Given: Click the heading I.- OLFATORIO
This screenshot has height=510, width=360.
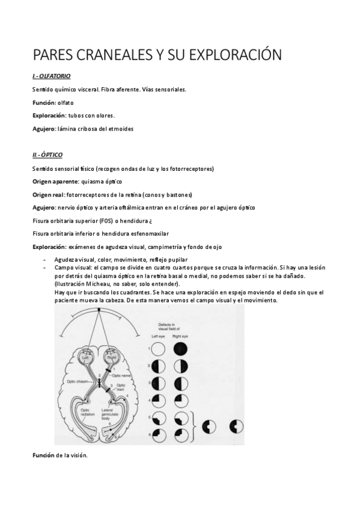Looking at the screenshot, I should coord(52,76).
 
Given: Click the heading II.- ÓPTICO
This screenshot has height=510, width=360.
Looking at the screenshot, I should coord(47,155).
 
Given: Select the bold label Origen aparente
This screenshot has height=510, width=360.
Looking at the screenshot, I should coord(55,181).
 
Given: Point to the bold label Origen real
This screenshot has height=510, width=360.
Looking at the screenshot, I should coord(47,194).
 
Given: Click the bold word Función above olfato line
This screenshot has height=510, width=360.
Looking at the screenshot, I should coord(44,102).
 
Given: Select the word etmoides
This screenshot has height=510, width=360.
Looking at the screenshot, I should coord(120,128).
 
